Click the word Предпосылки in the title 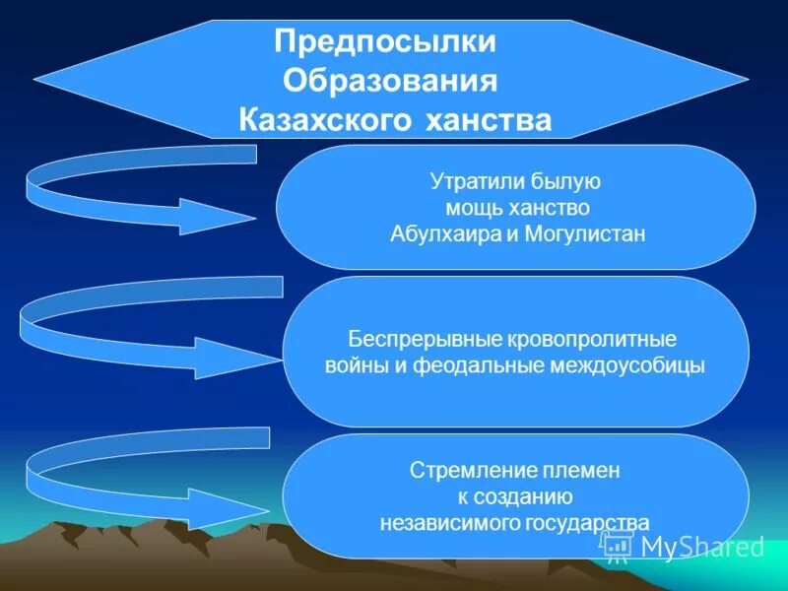pos(385,43)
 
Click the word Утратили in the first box pos(467,181)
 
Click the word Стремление pos(458,471)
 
